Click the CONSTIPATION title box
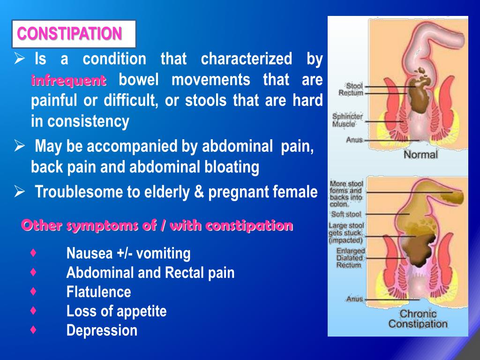[74, 34]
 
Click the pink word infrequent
[69, 81]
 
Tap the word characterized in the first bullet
[247, 59]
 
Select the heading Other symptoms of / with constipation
[157, 225]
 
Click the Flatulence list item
[98, 292]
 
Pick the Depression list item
[102, 330]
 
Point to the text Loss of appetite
[116, 311]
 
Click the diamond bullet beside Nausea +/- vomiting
[33, 253]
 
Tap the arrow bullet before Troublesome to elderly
[20, 192]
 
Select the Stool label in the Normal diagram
[354, 86]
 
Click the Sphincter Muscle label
[347, 120]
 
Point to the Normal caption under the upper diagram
[420, 154]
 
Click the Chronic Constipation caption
[418, 319]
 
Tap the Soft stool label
[346, 214]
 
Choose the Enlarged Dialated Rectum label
[350, 258]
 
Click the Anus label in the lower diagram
[354, 299]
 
